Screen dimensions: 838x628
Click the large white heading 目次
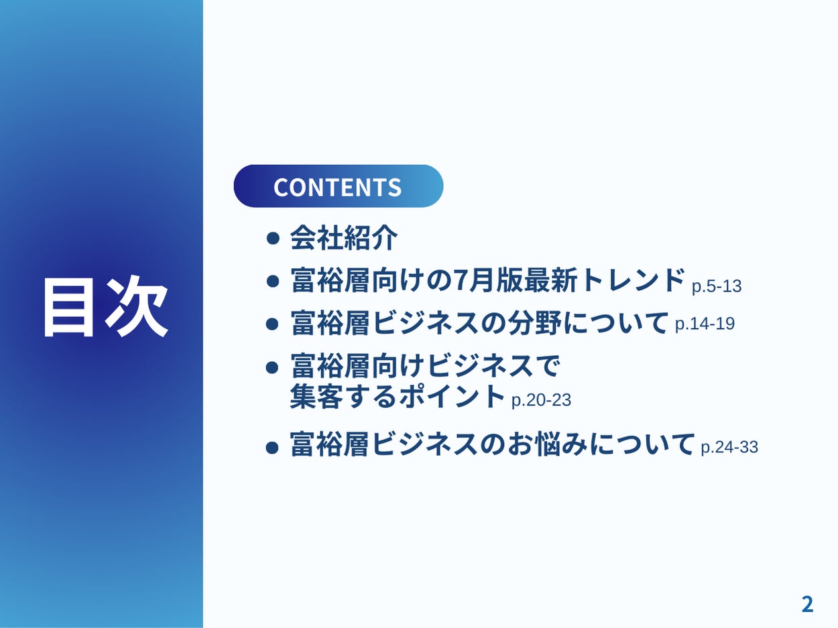(x=105, y=307)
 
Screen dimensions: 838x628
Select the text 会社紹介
(x=344, y=238)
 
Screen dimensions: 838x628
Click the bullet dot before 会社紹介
(x=273, y=239)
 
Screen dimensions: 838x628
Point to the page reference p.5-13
(x=717, y=286)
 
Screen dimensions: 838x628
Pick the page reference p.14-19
(x=705, y=324)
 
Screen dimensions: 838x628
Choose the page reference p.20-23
(x=541, y=400)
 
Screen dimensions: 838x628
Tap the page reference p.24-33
(x=729, y=447)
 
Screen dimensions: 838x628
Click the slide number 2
(x=807, y=605)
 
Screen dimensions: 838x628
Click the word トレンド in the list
(x=632, y=280)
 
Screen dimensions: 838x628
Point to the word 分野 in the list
(x=534, y=323)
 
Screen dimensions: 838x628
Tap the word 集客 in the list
(x=316, y=396)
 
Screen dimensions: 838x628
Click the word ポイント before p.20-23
(x=452, y=396)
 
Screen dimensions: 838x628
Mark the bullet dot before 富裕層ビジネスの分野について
(x=272, y=324)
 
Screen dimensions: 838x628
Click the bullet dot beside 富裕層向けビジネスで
(x=272, y=368)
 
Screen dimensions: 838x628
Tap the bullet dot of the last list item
(x=272, y=448)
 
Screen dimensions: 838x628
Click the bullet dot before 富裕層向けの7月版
(x=273, y=281)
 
